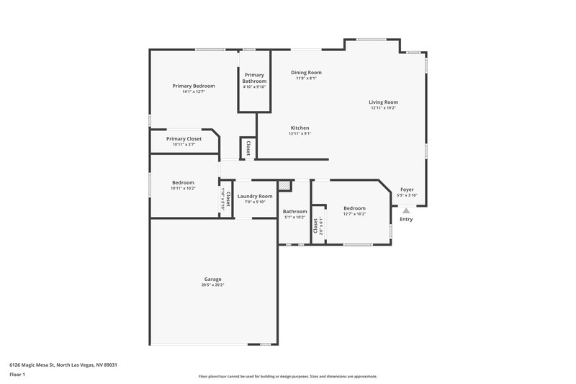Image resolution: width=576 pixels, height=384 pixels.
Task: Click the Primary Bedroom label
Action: point(194,86)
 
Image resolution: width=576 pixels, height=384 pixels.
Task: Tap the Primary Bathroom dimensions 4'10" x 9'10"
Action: point(254,87)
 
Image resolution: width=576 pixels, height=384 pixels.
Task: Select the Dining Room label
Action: point(306,73)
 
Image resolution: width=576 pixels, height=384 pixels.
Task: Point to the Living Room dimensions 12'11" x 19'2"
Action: point(384,108)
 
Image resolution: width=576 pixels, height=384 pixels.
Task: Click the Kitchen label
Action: point(300,128)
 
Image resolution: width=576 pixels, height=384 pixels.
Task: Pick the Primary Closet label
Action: point(184,138)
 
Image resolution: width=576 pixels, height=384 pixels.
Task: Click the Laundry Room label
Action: point(255,196)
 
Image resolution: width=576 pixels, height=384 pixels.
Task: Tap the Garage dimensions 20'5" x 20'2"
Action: point(212,285)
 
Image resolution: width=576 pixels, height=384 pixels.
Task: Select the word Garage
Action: point(212,279)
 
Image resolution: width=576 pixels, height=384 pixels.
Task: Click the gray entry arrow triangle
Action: point(406,210)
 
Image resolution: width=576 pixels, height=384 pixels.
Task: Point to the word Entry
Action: point(406,219)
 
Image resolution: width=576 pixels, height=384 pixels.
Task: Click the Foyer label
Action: point(407,189)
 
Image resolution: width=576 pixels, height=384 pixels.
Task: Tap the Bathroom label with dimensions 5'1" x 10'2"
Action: point(294,211)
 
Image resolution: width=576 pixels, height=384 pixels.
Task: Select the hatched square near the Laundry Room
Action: point(285,186)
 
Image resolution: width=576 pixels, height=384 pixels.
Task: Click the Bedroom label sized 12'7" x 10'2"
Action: point(354,208)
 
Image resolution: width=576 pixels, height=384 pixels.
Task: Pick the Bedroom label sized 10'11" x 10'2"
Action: point(183,182)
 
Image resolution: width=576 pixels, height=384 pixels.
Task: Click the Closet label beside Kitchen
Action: point(248,147)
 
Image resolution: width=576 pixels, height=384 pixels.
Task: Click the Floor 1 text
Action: point(18,375)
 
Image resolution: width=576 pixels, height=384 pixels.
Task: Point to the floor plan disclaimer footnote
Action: point(287,376)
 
